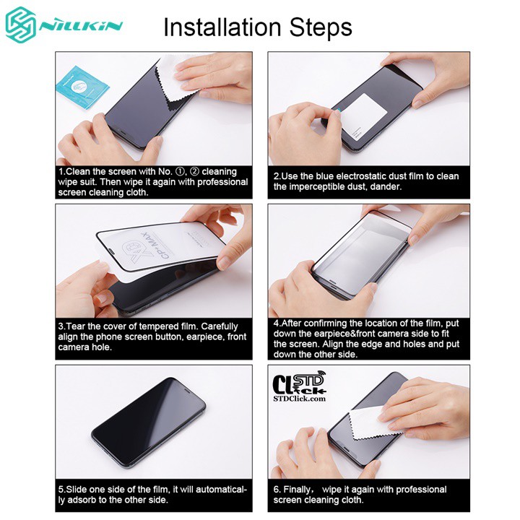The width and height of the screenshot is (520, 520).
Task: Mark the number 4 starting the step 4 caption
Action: (277, 323)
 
